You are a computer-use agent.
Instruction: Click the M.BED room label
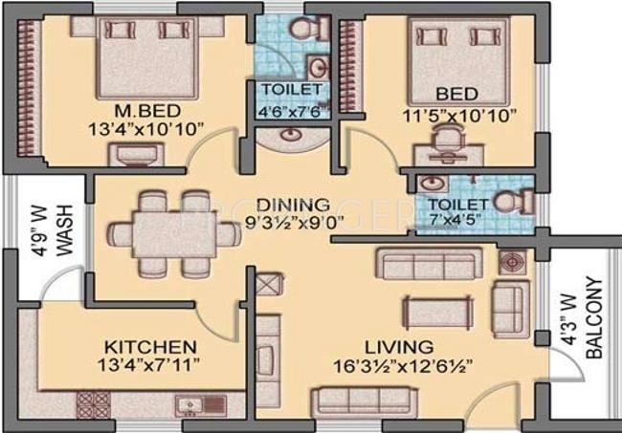(x=147, y=111)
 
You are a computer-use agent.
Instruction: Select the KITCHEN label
(x=150, y=347)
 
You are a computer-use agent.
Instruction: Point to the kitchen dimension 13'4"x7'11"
(x=148, y=365)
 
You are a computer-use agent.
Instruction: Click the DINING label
(x=293, y=205)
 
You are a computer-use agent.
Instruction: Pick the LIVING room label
(x=399, y=347)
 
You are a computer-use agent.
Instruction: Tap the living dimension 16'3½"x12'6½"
(x=404, y=366)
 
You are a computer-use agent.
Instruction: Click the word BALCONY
(x=594, y=317)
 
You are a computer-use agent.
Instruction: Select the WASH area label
(x=65, y=230)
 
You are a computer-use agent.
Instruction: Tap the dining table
(x=175, y=235)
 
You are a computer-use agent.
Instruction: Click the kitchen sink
(x=189, y=405)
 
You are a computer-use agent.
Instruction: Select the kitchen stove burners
(x=94, y=405)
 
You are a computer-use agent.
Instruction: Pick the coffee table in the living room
(x=438, y=313)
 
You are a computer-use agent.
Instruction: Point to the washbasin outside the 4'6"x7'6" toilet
(x=292, y=135)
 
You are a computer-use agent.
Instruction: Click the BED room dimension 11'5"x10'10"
(x=459, y=117)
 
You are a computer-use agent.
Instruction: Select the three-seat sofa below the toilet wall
(x=430, y=264)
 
